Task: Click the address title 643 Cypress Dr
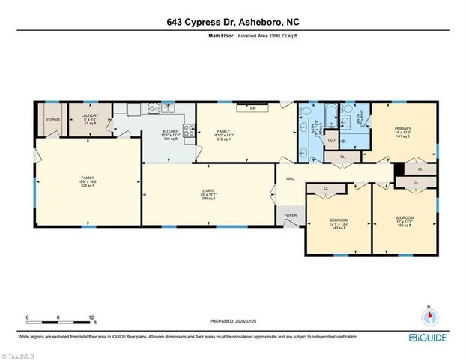pos(232,22)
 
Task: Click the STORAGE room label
pos(52,118)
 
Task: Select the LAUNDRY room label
pos(90,117)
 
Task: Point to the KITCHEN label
pos(172,132)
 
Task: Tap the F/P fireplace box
pos(253,109)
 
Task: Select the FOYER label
pos(290,214)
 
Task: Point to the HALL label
pos(290,178)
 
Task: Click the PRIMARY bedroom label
pos(403,129)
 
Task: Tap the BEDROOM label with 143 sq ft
pos(339,220)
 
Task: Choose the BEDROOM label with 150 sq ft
pos(405,217)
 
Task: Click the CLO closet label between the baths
pos(330,140)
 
